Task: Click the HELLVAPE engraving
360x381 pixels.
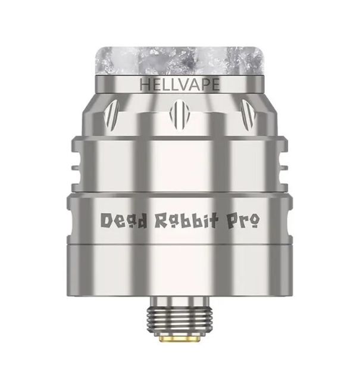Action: click(179, 85)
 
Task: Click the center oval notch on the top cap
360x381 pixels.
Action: click(179, 112)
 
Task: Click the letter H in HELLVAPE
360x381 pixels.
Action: click(143, 85)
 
